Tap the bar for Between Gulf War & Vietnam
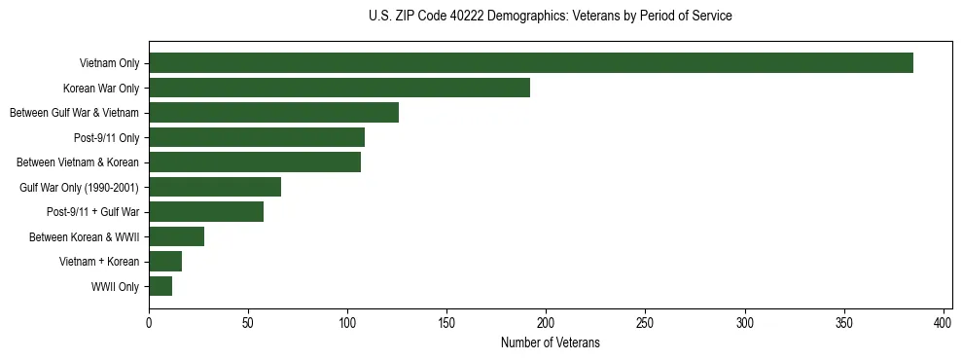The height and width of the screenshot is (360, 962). click(x=273, y=113)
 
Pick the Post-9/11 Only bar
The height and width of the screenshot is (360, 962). click(x=257, y=137)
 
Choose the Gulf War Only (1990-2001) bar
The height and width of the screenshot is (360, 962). click(x=215, y=187)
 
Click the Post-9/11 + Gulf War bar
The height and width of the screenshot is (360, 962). click(x=206, y=212)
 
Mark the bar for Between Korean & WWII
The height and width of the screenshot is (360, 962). click(x=176, y=236)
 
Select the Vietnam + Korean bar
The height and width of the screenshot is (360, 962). click(x=165, y=262)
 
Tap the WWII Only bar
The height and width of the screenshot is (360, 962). click(x=160, y=286)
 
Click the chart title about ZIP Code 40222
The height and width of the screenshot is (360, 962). click(x=551, y=17)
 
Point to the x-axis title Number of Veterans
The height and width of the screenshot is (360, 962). click(x=550, y=343)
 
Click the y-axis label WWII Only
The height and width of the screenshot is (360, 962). click(x=115, y=287)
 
